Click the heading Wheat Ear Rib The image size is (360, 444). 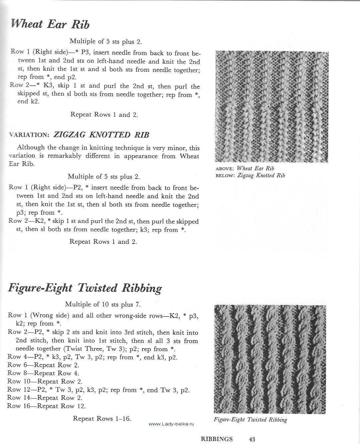(50, 24)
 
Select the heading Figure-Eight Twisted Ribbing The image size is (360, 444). (85, 288)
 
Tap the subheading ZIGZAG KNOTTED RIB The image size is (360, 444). (101, 135)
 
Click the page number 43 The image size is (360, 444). (252, 439)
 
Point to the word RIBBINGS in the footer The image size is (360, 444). (217, 439)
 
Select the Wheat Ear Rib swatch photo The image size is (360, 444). (272, 107)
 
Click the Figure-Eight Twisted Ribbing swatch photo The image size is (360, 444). (270, 359)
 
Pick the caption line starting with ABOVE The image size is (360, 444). (245, 168)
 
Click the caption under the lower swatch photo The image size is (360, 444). (250, 419)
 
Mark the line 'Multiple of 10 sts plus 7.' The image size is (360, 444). (103, 304)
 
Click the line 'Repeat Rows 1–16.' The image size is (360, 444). (102, 418)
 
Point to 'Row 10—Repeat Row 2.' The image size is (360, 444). (45, 382)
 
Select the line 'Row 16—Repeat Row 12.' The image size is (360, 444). (46, 406)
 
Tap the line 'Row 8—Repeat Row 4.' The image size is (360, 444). (43, 373)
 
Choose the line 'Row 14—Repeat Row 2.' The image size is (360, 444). (45, 398)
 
